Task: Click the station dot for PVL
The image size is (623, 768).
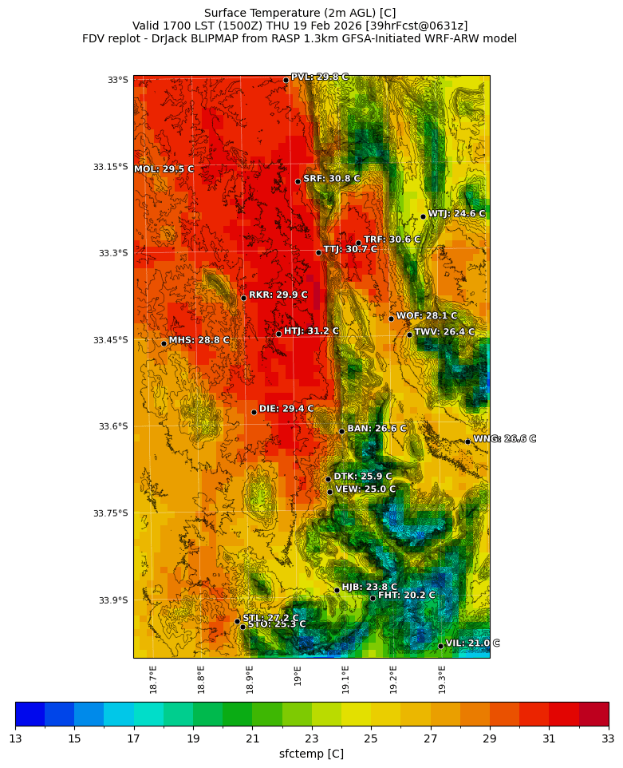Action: [286, 80]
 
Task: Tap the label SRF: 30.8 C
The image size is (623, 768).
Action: [332, 179]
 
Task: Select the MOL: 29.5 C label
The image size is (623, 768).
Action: [164, 169]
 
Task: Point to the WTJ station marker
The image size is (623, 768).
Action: [423, 216]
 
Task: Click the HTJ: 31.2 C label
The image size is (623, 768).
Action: [311, 331]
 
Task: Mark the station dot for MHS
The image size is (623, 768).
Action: [164, 343]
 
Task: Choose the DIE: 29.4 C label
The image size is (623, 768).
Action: [286, 409]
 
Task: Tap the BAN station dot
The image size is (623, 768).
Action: [341, 431]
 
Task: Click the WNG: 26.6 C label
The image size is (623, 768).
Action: [505, 439]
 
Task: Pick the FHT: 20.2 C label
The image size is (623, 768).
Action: [407, 595]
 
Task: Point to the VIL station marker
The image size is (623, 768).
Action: [440, 646]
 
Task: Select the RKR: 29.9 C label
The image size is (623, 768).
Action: [278, 295]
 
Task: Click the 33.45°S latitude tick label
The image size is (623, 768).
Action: [110, 340]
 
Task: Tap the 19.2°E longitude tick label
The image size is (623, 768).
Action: [393, 679]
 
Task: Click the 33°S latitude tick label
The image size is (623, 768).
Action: [117, 80]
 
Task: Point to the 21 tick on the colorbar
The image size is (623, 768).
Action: [252, 738]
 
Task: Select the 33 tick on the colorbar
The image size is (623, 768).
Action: [609, 738]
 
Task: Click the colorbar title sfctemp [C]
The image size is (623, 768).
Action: [311, 754]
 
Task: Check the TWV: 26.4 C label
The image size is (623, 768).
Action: [444, 332]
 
